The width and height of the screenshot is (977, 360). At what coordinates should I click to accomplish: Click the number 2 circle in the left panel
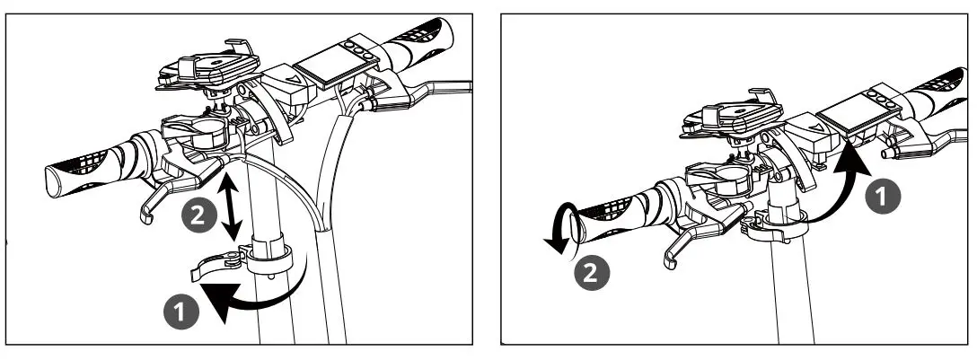[x=199, y=214]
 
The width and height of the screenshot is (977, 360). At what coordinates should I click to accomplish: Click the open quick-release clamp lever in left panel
[x=215, y=265]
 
